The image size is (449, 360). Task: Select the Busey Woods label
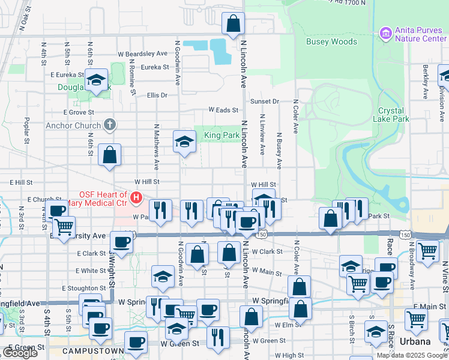(331, 42)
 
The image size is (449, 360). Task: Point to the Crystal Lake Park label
(393, 115)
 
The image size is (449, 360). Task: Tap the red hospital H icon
(136, 196)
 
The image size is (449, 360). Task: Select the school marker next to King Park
(185, 142)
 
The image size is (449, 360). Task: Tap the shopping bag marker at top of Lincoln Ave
(234, 25)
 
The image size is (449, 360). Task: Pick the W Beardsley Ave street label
(142, 53)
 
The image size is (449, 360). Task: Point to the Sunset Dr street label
(265, 101)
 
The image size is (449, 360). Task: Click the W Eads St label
(223, 110)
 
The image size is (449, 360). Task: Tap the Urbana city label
(415, 341)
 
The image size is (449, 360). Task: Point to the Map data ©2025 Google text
(411, 355)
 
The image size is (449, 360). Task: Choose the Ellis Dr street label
(157, 95)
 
